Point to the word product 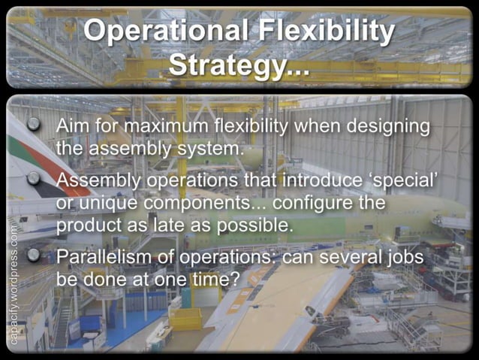pyautogui.click(x=89, y=226)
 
